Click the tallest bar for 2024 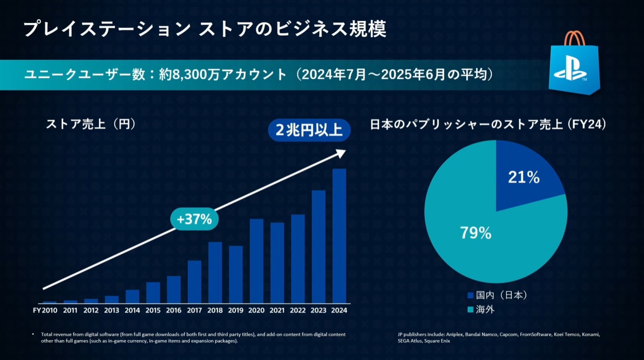(339, 236)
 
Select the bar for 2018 (215, 272)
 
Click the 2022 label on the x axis (298, 310)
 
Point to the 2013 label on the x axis (112, 310)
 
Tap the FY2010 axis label (45, 310)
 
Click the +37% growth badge (194, 219)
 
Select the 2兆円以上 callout (309, 130)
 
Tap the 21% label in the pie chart (523, 178)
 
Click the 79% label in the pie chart (476, 233)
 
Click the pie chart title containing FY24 (488, 125)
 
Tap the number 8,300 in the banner (185, 75)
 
